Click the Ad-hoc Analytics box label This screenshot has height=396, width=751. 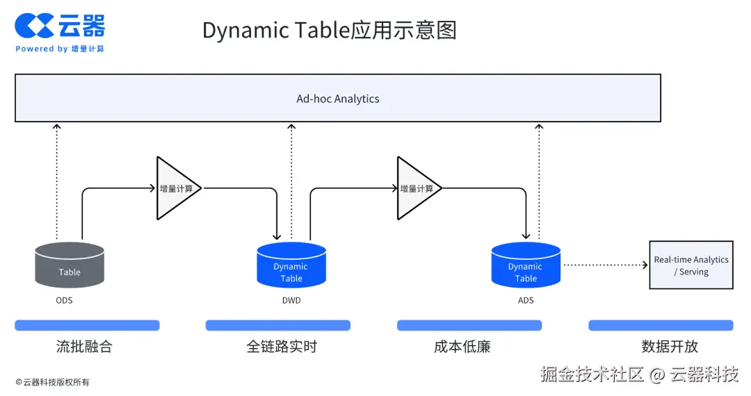[x=338, y=99]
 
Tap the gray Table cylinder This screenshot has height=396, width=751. [x=70, y=265]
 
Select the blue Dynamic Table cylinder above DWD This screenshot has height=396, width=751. [x=291, y=265]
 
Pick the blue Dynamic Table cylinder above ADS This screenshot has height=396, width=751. [x=526, y=265]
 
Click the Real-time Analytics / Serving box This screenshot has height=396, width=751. [x=691, y=265]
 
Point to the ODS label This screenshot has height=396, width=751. [x=64, y=300]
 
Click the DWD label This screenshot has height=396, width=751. [x=291, y=300]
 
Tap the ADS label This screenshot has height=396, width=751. [x=526, y=300]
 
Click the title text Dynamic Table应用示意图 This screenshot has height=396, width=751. [x=330, y=30]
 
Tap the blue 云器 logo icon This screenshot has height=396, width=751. [x=34, y=25]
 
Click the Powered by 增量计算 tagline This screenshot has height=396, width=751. [x=60, y=49]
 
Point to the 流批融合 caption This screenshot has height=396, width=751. [x=84, y=346]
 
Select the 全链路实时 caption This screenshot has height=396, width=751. [x=282, y=346]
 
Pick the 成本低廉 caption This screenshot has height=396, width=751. [x=462, y=346]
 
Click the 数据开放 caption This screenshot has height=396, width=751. [x=670, y=346]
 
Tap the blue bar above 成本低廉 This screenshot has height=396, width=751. [x=469, y=325]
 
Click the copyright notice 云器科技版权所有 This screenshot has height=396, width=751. [x=52, y=382]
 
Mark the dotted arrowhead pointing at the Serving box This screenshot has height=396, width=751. [x=645, y=265]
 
